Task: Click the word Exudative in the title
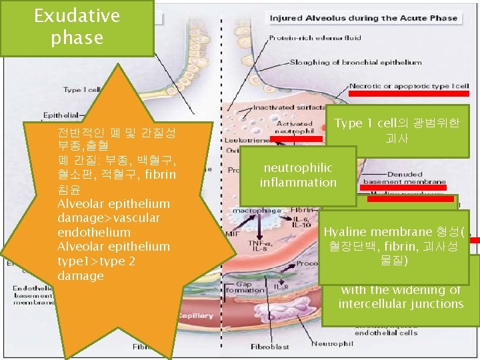[x=77, y=15]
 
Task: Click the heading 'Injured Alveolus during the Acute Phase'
[x=363, y=18]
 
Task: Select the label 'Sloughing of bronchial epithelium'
[x=355, y=63]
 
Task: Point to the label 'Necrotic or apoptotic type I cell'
[x=409, y=86]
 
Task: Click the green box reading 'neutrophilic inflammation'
[x=298, y=175]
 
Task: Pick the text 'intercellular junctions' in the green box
[x=401, y=304]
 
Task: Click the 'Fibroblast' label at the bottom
[x=270, y=347]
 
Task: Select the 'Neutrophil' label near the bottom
[x=327, y=343]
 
